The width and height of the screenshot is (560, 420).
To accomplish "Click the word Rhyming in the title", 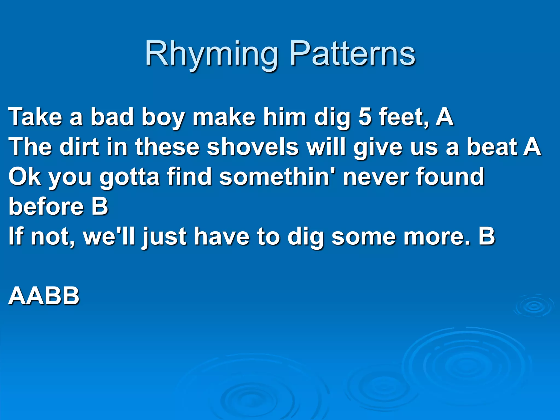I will pyautogui.click(x=211, y=54).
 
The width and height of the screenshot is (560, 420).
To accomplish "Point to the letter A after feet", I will pyautogui.click(x=444, y=117).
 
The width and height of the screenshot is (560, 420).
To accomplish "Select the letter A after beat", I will pyautogui.click(x=532, y=147).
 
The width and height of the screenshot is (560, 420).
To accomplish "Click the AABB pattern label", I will pyautogui.click(x=44, y=296).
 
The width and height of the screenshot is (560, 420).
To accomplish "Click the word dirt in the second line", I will pyautogui.click(x=79, y=147).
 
